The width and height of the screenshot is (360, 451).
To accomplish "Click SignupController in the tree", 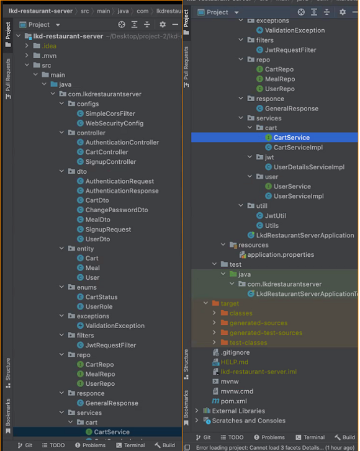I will click(110, 162).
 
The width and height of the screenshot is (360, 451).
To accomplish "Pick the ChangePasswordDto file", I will click(116, 210).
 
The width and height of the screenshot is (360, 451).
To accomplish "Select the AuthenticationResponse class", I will click(122, 191).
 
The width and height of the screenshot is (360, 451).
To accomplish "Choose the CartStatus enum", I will click(101, 297).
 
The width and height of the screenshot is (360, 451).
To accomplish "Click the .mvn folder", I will click(50, 56).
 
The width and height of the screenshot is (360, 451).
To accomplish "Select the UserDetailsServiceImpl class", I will click(308, 167).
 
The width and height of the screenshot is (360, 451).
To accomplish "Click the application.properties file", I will click(281, 254).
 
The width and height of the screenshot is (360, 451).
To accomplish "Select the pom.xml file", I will click(233, 401).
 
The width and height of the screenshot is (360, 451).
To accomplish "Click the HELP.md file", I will click(234, 362).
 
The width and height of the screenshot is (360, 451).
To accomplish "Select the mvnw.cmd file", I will click(237, 391).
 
